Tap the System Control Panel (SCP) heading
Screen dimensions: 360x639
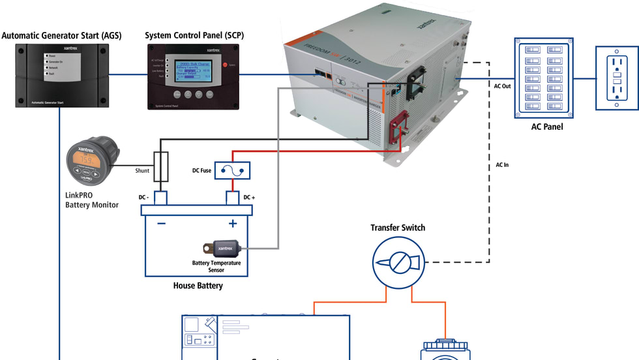[x=194, y=35]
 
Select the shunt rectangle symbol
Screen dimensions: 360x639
[x=160, y=166]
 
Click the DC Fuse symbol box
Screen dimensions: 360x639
[x=233, y=170]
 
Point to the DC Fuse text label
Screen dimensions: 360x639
[x=201, y=170]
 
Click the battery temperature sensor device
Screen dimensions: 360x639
[x=222, y=248]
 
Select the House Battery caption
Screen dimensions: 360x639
[x=198, y=286]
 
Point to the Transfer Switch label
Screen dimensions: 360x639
[x=398, y=228]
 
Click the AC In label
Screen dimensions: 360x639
[x=502, y=165]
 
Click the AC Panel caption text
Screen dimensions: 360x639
[x=547, y=127]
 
